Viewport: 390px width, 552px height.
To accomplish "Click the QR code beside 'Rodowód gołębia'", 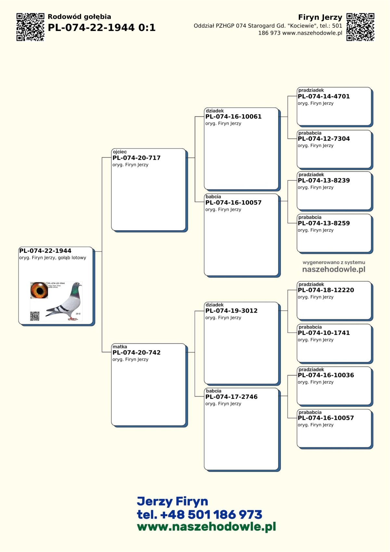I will tap(30, 27).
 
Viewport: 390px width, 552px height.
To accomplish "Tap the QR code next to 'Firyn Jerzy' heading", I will tap(360, 27).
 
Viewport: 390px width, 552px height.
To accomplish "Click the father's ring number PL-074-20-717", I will tap(136, 158).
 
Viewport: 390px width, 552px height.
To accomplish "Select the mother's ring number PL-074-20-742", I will tap(136, 352).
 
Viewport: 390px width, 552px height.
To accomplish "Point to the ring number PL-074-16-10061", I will tap(233, 116).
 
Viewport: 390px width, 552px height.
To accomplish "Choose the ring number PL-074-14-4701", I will tap(324, 96).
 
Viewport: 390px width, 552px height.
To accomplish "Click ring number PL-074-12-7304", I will tap(324, 139).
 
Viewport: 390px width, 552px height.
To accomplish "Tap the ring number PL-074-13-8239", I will tap(324, 181).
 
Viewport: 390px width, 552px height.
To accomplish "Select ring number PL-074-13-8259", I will tap(324, 223).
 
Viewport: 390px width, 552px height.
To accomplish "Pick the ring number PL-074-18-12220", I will tap(326, 290).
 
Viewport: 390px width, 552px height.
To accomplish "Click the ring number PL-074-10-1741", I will tap(324, 333).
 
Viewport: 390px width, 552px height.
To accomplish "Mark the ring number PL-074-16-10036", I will tap(326, 375).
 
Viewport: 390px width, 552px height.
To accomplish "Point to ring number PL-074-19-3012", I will tap(231, 311).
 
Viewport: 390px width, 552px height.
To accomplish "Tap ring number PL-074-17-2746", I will tap(231, 397).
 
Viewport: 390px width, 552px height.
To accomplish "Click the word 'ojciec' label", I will tap(120, 152).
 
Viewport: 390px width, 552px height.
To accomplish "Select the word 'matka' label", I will tap(120, 347).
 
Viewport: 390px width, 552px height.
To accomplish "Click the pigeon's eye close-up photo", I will tap(39, 290).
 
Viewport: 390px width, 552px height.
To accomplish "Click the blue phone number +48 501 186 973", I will tap(211, 515).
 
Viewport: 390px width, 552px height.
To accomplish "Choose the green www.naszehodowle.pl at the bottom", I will tap(206, 527).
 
